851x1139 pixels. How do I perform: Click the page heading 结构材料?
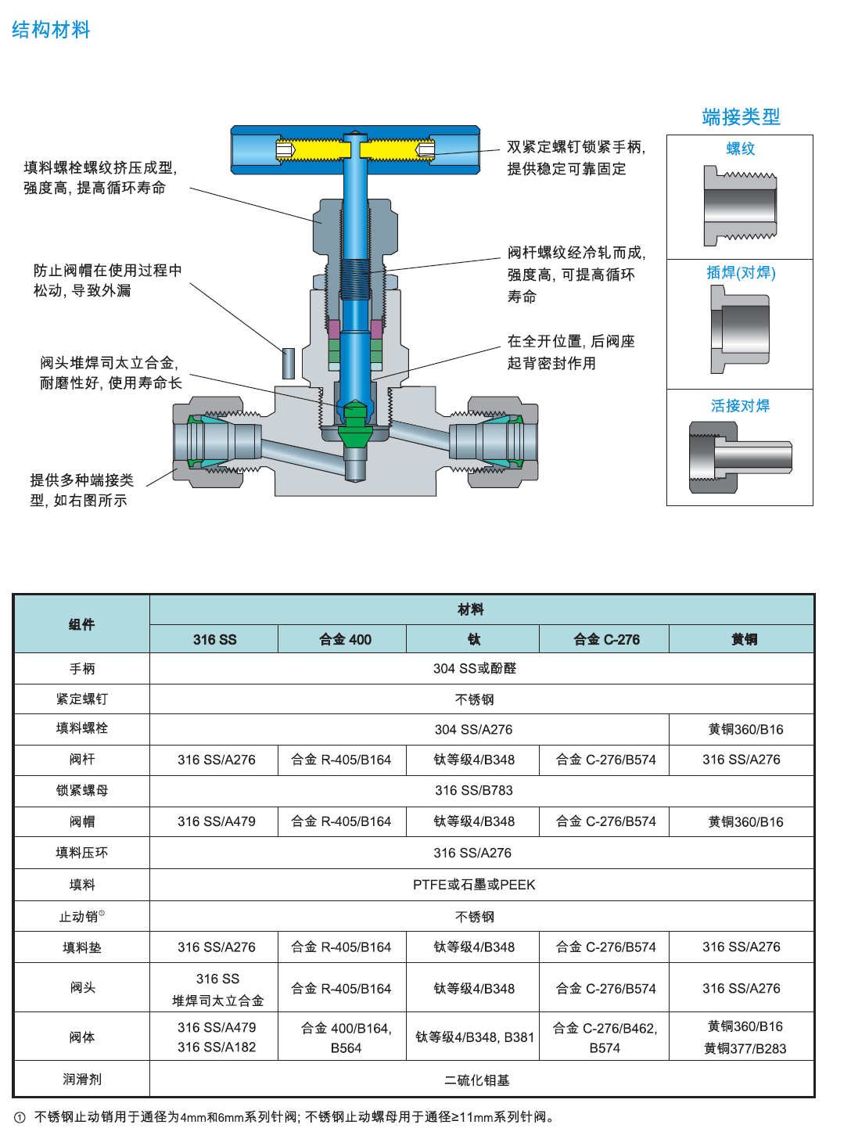click(51, 31)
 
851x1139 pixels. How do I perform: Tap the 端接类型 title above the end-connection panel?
click(741, 117)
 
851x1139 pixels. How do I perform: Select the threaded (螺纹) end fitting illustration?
click(740, 206)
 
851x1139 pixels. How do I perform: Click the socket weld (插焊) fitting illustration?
click(740, 329)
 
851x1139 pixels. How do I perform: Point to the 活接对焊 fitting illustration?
click(740, 458)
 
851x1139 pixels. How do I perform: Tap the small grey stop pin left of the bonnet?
click(288, 363)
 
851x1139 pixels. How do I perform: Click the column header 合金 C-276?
click(606, 640)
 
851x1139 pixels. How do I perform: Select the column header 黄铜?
click(744, 640)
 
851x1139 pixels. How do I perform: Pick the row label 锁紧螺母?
click(82, 790)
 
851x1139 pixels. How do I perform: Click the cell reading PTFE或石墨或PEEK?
click(474, 885)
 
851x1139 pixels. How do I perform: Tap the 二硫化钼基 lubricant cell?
click(476, 1080)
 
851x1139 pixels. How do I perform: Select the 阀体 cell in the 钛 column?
click(474, 1037)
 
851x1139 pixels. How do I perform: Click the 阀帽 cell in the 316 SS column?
click(216, 821)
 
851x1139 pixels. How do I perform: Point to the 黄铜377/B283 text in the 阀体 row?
click(745, 1048)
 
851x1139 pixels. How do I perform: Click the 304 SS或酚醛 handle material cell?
click(474, 669)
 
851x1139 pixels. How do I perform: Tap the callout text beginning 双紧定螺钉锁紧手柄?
click(576, 157)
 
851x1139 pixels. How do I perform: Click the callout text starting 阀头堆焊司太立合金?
click(110, 372)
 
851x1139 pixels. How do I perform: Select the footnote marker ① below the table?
click(20, 1117)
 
